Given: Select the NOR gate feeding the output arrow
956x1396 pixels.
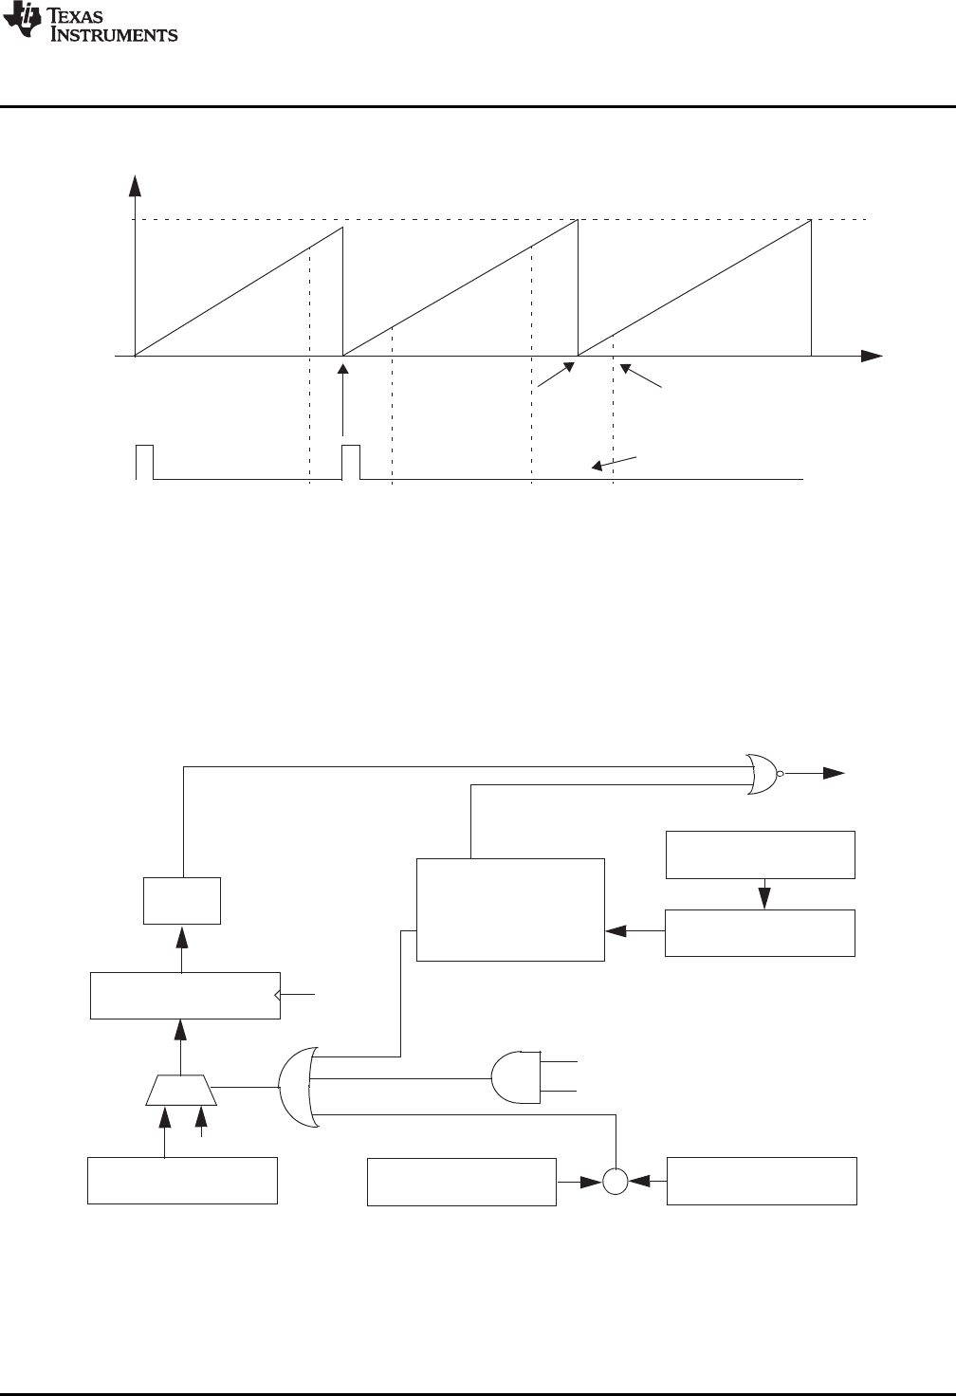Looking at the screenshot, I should [x=762, y=774].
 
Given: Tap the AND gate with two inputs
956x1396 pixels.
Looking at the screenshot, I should [x=513, y=1077].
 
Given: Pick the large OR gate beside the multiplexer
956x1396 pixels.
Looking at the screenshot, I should [x=298, y=1087].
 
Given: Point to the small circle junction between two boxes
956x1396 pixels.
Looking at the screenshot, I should [x=616, y=1181].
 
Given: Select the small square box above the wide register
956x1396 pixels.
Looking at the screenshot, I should [x=182, y=900].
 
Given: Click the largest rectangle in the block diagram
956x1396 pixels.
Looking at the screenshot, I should [x=510, y=909].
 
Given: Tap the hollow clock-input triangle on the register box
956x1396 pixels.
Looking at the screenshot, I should [x=277, y=994].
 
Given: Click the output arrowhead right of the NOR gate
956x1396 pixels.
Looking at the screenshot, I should [x=834, y=774].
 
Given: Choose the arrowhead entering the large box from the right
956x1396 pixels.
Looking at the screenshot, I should [x=616, y=931].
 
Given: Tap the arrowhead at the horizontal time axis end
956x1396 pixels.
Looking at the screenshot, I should [x=872, y=357].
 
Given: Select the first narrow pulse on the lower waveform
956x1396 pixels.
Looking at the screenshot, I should [x=144, y=461].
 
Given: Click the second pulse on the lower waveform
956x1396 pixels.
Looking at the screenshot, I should [x=351, y=461].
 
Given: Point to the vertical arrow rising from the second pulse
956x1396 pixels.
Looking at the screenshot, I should [x=343, y=398].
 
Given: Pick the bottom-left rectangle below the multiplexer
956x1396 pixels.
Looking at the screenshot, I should [x=182, y=1181].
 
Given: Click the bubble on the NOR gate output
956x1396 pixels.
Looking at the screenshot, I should [x=781, y=774].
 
